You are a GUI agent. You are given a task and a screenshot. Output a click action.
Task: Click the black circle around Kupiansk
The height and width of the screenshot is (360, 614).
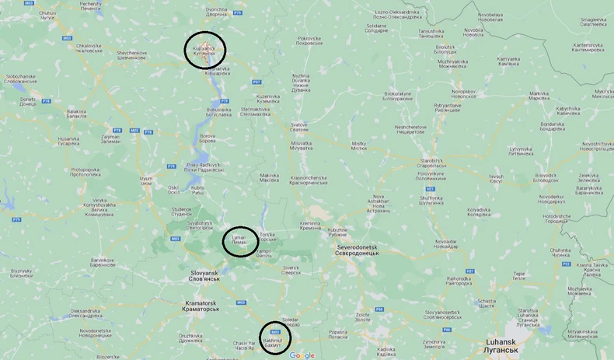[204, 51]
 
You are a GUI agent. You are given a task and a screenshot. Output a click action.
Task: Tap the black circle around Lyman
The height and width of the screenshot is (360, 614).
[241, 241]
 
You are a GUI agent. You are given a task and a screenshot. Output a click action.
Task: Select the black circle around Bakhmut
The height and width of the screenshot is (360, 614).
[274, 338]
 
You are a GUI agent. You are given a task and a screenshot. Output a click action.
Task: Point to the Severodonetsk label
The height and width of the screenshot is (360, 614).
[358, 250]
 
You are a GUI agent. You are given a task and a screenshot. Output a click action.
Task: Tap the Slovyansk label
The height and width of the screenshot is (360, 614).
[206, 276]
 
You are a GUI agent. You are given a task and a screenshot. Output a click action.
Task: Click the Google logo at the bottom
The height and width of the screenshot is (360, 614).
[302, 355]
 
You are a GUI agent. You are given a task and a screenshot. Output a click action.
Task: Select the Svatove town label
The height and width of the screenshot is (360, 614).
[299, 127]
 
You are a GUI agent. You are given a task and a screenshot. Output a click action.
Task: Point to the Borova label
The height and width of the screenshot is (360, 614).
[208, 138]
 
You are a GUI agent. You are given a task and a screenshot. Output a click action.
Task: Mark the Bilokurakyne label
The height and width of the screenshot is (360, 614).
[398, 96]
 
